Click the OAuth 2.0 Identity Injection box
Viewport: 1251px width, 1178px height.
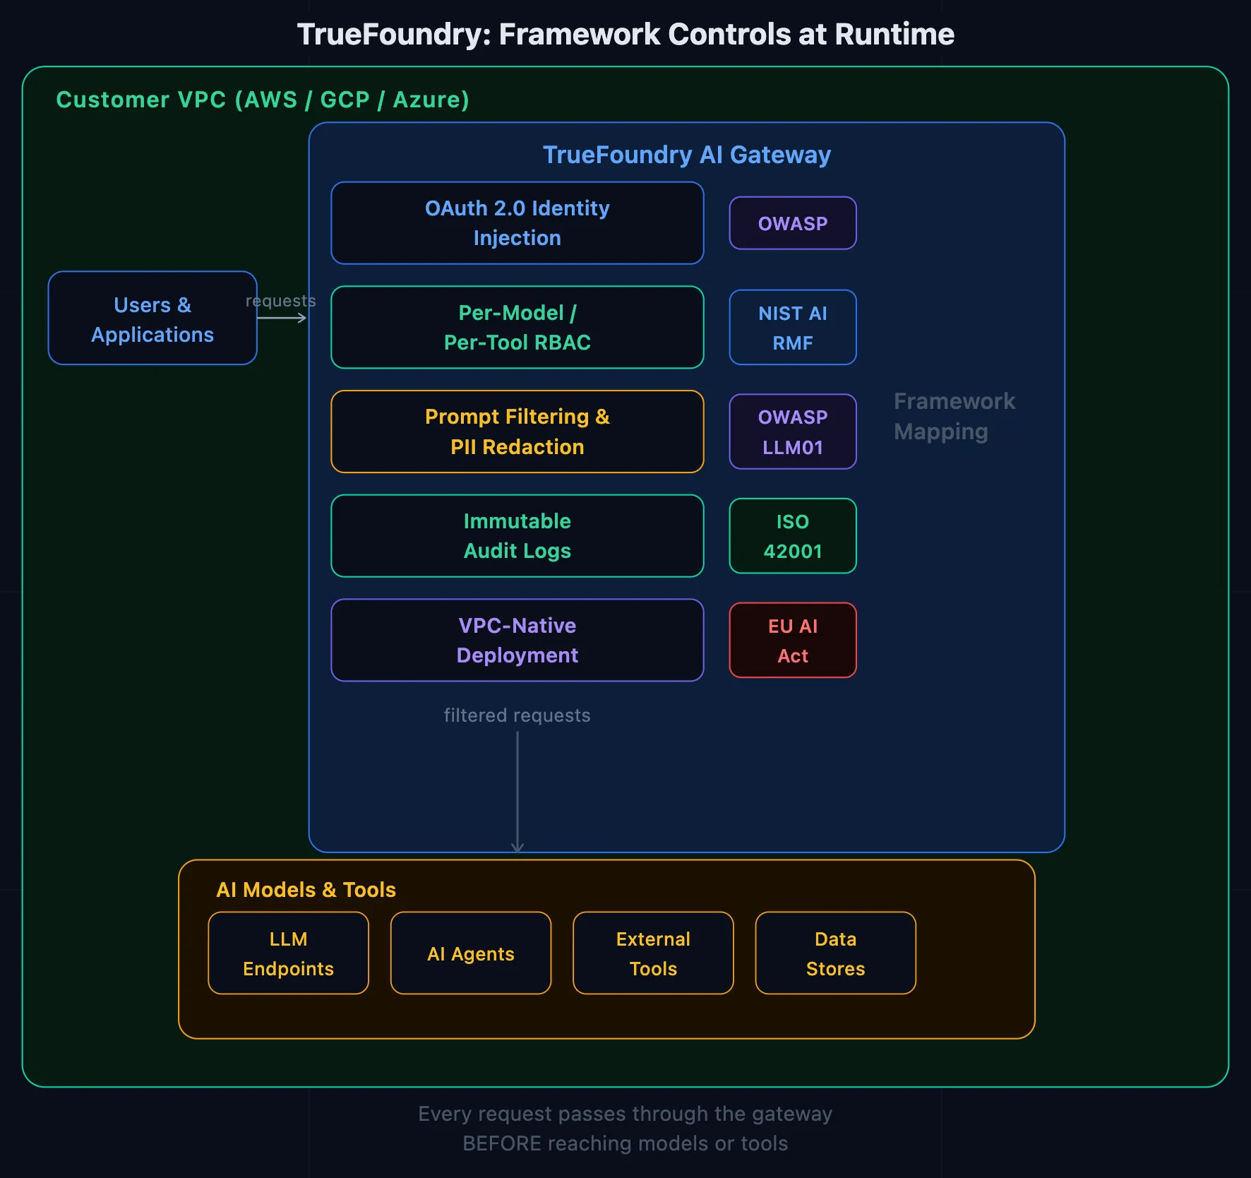point(517,223)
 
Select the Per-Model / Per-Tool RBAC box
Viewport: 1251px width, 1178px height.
point(517,327)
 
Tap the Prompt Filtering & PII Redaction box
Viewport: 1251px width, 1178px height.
point(517,432)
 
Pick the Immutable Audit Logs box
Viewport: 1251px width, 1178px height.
point(517,536)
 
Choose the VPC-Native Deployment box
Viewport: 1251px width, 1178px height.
point(517,640)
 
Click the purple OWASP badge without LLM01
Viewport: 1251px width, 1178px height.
point(792,223)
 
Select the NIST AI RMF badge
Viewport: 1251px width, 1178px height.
point(792,327)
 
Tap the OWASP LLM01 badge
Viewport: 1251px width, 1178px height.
point(792,432)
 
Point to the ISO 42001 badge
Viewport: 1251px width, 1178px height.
point(792,536)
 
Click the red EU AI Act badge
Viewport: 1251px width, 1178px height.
point(792,640)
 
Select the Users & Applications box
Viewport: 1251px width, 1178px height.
point(152,319)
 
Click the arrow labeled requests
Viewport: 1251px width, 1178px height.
point(282,318)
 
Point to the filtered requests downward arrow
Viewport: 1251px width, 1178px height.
point(517,791)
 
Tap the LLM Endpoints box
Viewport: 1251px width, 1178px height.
point(288,953)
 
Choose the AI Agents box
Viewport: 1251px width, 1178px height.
point(471,953)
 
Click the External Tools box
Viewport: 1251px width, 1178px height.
point(653,953)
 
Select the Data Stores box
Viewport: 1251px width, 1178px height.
point(835,953)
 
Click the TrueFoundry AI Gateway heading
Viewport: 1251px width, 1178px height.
point(686,155)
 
